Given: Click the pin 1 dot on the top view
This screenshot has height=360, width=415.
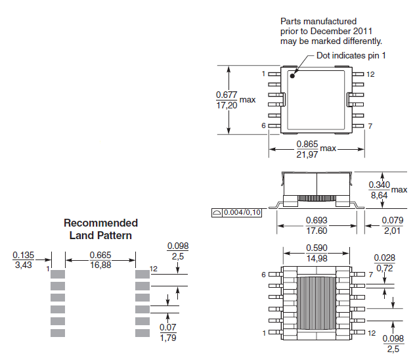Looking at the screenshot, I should [292, 76].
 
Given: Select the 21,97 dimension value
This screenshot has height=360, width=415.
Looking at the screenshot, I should [307, 154].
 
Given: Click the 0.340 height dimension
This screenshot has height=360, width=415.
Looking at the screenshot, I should [379, 185].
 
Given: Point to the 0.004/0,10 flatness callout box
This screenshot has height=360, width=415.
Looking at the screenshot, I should [237, 212].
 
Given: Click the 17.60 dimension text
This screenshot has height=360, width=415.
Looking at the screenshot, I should [317, 231].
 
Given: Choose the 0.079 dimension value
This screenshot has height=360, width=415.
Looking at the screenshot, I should [393, 219].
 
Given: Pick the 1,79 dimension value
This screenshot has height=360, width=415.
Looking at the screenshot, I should [169, 338].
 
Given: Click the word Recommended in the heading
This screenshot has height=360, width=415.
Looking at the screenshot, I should [100, 223].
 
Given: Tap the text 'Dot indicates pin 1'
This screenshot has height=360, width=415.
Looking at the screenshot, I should [351, 55].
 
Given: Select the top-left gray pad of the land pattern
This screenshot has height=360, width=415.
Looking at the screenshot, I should [58, 273].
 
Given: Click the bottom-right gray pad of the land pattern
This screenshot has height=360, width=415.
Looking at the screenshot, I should [142, 333].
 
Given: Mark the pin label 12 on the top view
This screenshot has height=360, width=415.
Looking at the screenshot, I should [370, 74].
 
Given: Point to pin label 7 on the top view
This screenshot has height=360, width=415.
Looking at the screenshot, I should [370, 125].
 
